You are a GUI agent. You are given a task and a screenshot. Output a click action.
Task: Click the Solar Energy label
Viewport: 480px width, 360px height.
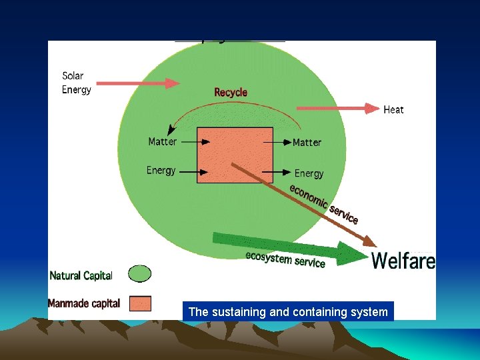pyautogui.click(x=77, y=83)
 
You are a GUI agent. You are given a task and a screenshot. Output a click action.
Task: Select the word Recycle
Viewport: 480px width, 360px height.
pyautogui.click(x=231, y=92)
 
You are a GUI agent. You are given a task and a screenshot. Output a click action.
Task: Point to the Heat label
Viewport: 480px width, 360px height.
pyautogui.click(x=393, y=109)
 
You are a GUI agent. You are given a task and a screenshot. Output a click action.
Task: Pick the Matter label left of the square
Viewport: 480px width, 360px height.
pyautogui.click(x=162, y=141)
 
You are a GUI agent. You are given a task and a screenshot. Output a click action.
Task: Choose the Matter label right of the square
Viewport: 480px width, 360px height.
pyautogui.click(x=307, y=142)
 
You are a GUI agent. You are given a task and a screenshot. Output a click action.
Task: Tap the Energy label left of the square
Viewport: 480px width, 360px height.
pyautogui.click(x=161, y=170)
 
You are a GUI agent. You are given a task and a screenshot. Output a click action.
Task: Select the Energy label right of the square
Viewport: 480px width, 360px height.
pyautogui.click(x=309, y=173)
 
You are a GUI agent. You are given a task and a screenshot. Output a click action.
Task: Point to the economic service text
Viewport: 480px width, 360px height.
pyautogui.click(x=324, y=204)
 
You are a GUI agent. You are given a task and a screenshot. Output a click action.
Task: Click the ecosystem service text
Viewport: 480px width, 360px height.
pyautogui.click(x=285, y=259)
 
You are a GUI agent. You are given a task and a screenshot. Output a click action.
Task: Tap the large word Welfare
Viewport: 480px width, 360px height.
pyautogui.click(x=403, y=260)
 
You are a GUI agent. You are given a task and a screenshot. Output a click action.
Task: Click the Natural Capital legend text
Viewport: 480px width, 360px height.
pyautogui.click(x=81, y=275)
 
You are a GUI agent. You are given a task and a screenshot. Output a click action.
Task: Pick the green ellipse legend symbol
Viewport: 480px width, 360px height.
pyautogui.click(x=139, y=274)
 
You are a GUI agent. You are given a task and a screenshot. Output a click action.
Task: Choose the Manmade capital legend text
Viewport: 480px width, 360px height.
pyautogui.click(x=84, y=303)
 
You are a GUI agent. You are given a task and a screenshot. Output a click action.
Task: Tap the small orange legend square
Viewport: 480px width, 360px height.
pyautogui.click(x=139, y=303)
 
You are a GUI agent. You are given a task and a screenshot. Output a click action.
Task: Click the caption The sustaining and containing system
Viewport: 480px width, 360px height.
pyautogui.click(x=288, y=311)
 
